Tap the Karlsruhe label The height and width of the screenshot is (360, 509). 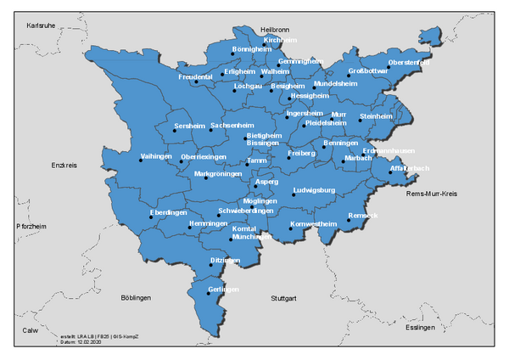point(41,25)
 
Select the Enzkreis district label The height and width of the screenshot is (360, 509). point(64,166)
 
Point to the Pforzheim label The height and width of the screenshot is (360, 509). point(31,227)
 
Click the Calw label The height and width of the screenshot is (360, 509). point(31,330)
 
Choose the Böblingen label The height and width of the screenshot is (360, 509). point(136,298)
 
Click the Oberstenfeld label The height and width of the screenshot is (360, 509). point(408,63)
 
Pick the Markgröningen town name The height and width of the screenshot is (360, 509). point(218,174)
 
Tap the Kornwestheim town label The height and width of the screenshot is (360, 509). point(313,223)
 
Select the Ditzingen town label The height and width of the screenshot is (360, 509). point(226,260)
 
